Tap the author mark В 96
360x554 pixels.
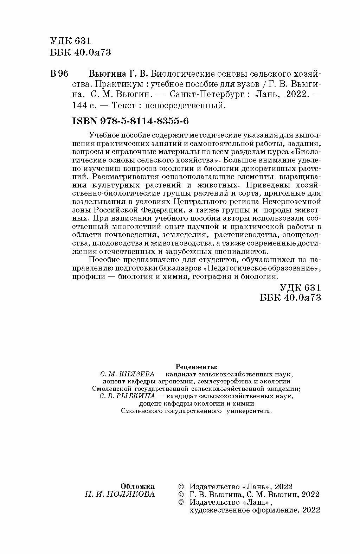pyautogui.click(x=59, y=74)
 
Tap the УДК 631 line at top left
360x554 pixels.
pyautogui.click(x=66, y=41)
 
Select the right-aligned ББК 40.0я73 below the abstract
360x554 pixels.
pyautogui.click(x=290, y=297)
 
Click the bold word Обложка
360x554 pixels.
pyautogui.click(x=137, y=486)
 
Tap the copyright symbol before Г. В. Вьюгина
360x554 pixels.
pyautogui.click(x=181, y=495)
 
